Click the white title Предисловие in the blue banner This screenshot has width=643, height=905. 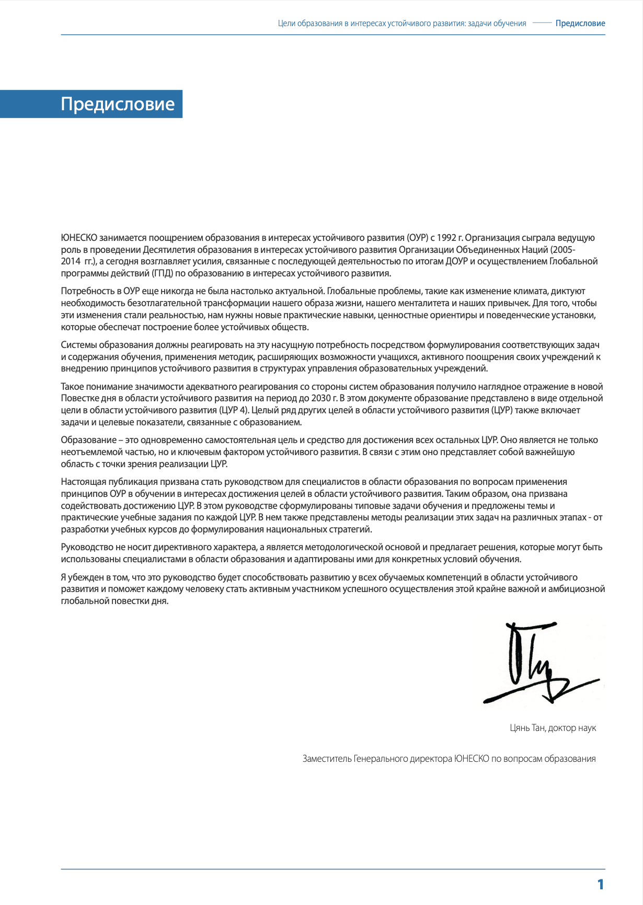click(118, 104)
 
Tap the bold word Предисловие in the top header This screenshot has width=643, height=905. click(580, 24)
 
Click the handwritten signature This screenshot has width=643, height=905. click(538, 663)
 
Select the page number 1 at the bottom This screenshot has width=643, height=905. click(601, 884)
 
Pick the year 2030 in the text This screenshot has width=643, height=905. click(323, 398)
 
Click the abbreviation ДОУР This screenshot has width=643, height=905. click(457, 261)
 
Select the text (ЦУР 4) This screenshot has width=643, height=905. click(236, 410)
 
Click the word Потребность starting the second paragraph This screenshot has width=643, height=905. click(85, 291)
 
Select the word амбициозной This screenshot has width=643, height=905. click(577, 589)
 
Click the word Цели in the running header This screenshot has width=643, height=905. click(286, 24)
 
